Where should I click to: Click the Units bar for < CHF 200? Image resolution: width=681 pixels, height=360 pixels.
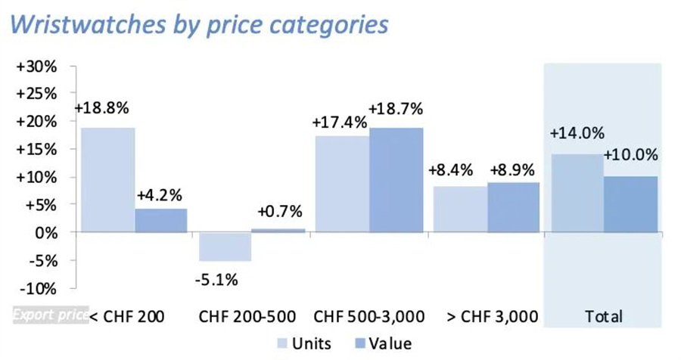tap(107, 180)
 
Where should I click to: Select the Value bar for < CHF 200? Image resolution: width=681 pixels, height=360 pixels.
tap(162, 220)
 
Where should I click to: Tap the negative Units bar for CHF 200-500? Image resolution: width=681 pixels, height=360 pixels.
tap(224, 246)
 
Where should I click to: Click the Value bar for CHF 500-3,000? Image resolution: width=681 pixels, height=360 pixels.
tap(396, 180)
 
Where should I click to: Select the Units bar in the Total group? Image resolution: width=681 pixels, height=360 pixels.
tap(578, 194)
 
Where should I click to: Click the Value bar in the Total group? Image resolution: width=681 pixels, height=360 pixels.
tap(631, 204)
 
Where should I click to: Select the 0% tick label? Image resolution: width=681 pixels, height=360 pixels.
tap(46, 233)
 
